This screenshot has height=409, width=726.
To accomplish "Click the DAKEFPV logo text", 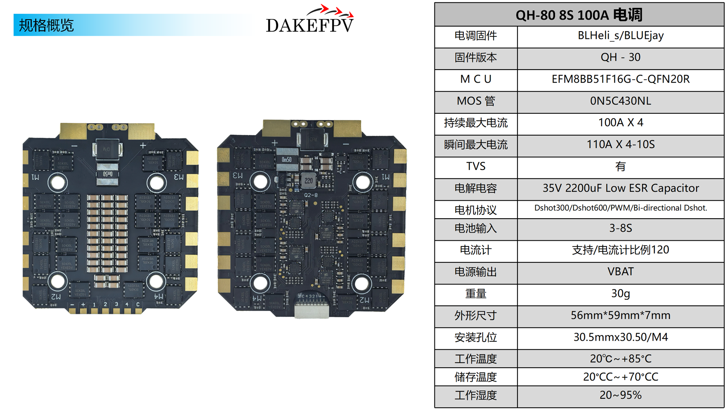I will tap(310, 25).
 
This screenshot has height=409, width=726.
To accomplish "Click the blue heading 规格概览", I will tap(46, 25).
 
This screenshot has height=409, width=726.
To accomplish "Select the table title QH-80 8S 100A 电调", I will tap(579, 15).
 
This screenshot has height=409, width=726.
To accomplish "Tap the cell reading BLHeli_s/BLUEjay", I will tap(620, 36).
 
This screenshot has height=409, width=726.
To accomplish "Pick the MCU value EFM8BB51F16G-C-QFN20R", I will tap(620, 79).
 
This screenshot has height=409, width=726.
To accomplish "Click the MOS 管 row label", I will tap(476, 101).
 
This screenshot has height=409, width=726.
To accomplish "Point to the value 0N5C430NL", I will tap(620, 101).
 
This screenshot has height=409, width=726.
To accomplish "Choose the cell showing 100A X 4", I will tap(620, 123).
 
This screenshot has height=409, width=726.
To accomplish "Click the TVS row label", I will tap(476, 166).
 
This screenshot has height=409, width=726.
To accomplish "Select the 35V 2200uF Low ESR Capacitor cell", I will tap(620, 188).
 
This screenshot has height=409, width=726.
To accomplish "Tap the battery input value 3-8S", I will tap(620, 228).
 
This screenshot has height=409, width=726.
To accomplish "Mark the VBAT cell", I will tap(620, 272).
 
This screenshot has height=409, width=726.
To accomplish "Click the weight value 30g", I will tap(620, 294).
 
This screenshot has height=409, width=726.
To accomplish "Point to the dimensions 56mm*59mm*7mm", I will tap(620, 315).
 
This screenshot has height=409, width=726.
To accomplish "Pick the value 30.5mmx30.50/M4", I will tap(620, 337).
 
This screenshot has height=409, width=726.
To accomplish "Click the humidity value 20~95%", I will tap(620, 395).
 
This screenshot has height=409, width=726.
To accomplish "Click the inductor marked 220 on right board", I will tap(309, 180).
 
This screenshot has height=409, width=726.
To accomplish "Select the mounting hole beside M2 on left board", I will tap(58, 281).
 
